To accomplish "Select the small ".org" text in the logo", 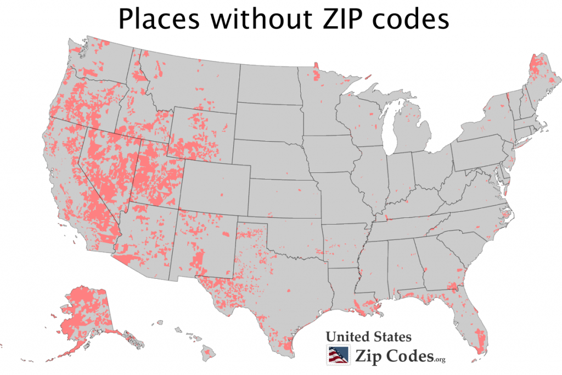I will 439,360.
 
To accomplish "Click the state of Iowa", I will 329,154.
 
